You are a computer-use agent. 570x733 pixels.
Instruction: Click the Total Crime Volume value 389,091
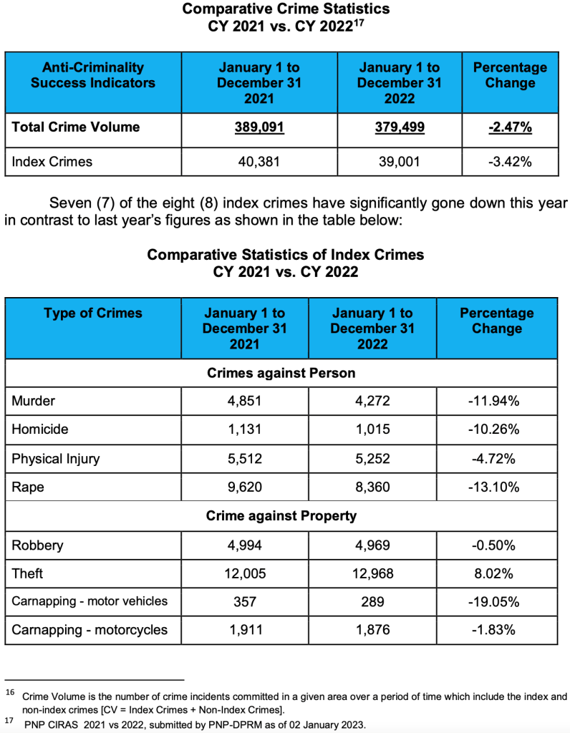pos(259,127)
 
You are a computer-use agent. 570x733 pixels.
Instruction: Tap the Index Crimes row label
pos(52,162)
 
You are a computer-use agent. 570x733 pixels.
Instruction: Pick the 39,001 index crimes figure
pos(399,162)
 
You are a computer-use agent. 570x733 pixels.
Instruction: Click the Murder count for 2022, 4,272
pos(372,401)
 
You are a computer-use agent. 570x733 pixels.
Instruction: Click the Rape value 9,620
pos(245,487)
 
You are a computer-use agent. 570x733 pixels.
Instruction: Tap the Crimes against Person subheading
pos(281,373)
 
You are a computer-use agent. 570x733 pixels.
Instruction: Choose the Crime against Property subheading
pos(281,515)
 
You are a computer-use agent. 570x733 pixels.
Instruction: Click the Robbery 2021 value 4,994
pos(245,545)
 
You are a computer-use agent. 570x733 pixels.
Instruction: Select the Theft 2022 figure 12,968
pos(372,573)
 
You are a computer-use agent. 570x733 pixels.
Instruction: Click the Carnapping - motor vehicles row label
pos(90,601)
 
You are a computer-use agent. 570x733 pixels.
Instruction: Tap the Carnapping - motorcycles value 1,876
pos(372,630)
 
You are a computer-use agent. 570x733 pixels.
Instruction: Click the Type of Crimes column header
pos(93,314)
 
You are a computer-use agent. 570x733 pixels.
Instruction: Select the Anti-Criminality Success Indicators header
pos(93,75)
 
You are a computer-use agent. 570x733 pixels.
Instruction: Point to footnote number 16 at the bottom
pos(10,692)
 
